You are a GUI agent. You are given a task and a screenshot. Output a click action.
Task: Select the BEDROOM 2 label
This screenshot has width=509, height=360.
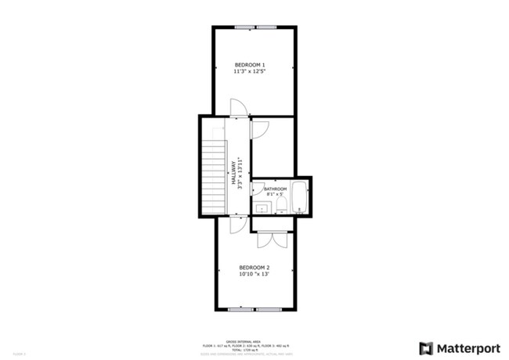tap(254, 266)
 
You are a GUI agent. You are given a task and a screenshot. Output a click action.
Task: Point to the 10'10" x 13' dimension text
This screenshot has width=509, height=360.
tap(254, 274)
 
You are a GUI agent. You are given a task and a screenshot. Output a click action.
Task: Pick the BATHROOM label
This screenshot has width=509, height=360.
tap(275, 189)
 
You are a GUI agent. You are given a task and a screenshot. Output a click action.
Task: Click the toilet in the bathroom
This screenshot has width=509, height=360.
tap(280, 205)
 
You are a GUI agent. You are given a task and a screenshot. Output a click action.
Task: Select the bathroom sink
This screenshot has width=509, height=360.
tap(261, 207)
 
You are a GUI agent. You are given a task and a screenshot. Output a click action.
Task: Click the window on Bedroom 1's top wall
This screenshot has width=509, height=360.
tap(255, 27)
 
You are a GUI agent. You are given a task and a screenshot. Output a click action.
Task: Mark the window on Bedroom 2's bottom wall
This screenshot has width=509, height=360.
tap(254, 309)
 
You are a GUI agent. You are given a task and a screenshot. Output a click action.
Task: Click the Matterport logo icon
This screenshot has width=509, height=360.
tap(426, 348)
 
